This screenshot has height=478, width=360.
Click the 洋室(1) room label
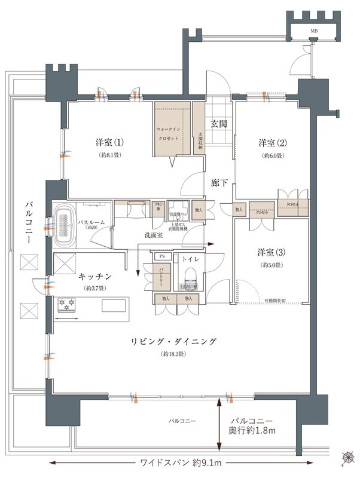[110, 143]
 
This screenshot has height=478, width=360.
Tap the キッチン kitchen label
[94, 277]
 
